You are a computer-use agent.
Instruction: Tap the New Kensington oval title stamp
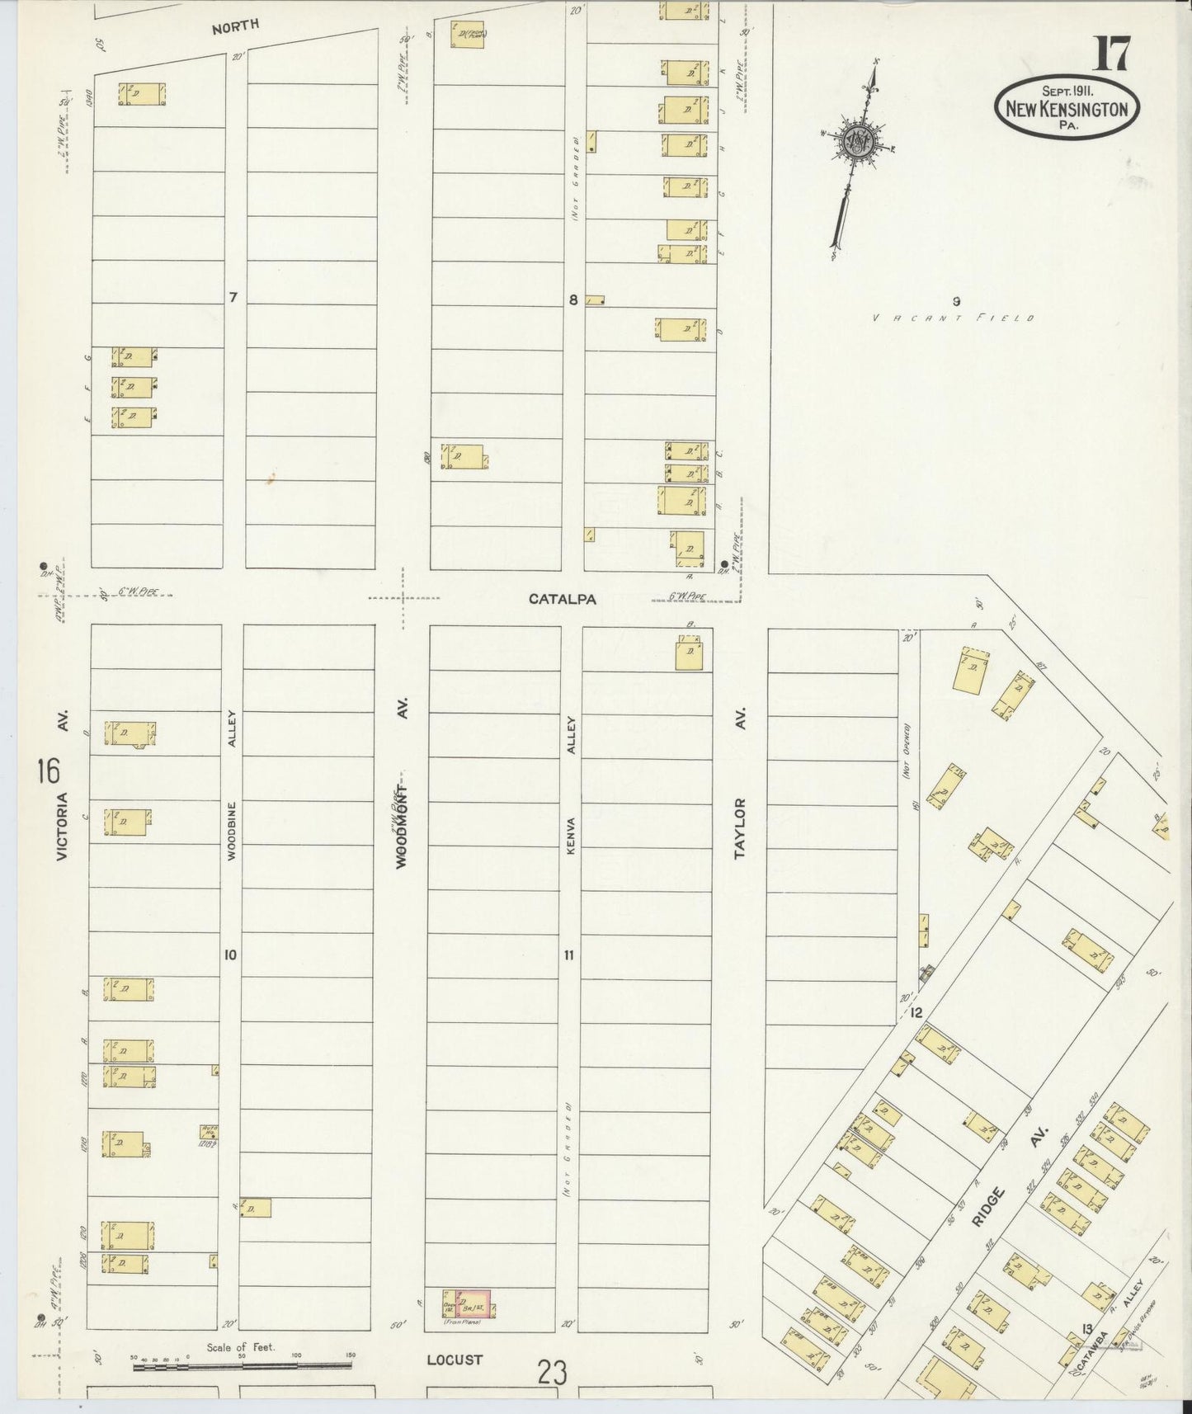[x=1067, y=107]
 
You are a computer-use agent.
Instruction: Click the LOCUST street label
[x=455, y=1360]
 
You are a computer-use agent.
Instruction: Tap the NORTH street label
[x=235, y=26]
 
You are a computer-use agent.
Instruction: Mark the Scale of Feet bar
[x=242, y=1366]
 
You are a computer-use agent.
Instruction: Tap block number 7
[x=233, y=297]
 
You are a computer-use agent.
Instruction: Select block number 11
[x=569, y=955]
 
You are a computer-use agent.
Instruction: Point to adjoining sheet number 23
[x=552, y=1373]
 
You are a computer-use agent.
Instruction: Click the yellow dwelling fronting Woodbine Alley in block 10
[x=257, y=1208]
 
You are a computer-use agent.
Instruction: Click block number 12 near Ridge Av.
[x=916, y=1012]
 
